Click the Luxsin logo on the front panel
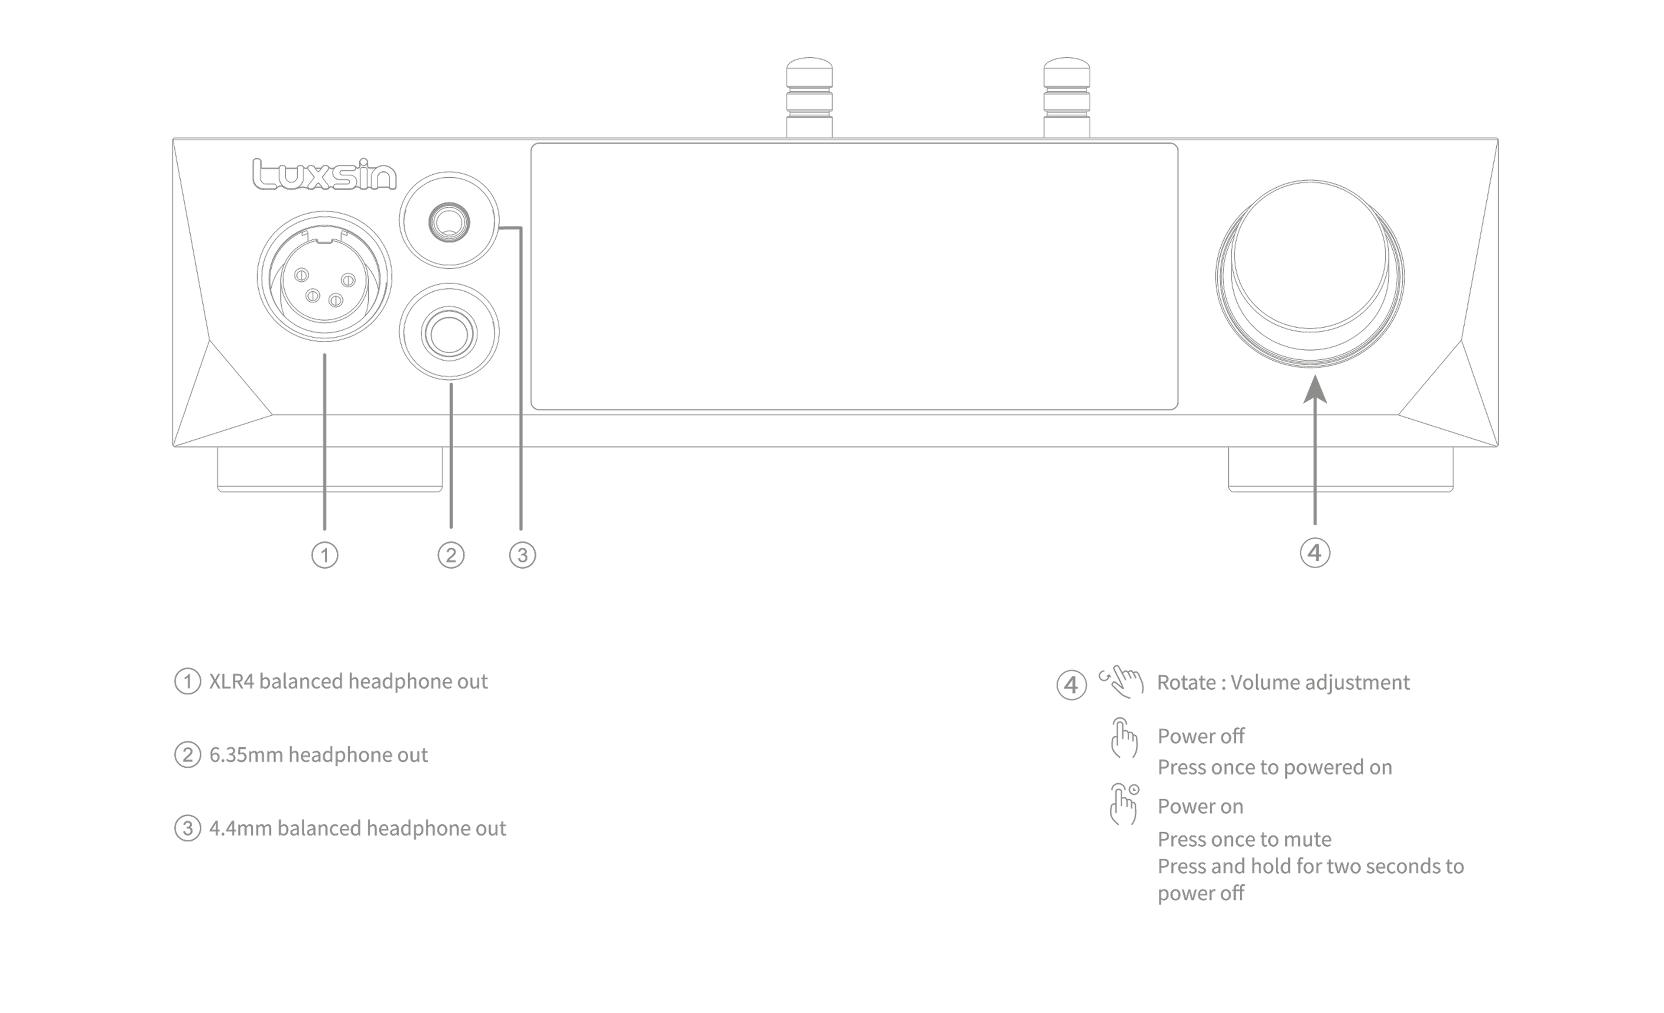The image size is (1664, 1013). pyautogui.click(x=324, y=174)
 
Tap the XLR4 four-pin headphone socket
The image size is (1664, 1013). pyautogui.click(x=324, y=277)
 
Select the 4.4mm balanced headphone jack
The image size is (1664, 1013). pyautogui.click(x=449, y=221)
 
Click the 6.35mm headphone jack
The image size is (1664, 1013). pyautogui.click(x=449, y=332)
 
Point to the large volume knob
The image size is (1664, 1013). pyautogui.click(x=1310, y=274)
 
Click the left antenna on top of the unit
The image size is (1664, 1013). pyautogui.click(x=809, y=98)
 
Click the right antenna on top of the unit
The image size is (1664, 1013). pyautogui.click(x=1066, y=98)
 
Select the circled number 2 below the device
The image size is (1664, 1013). pyautogui.click(x=451, y=555)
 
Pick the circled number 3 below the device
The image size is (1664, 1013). pyautogui.click(x=522, y=555)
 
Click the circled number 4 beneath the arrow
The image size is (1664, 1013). pyautogui.click(x=1315, y=553)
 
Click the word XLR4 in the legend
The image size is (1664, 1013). pyautogui.click(x=232, y=681)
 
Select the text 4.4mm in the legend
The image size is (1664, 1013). pyautogui.click(x=240, y=829)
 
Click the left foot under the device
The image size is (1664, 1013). pyautogui.click(x=330, y=469)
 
